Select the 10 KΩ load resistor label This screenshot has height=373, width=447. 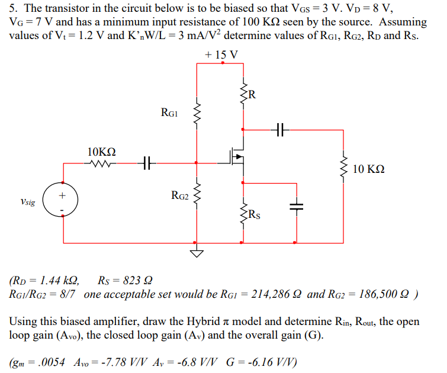click(368, 169)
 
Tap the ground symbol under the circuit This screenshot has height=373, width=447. click(197, 253)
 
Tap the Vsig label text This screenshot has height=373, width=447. click(27, 202)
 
